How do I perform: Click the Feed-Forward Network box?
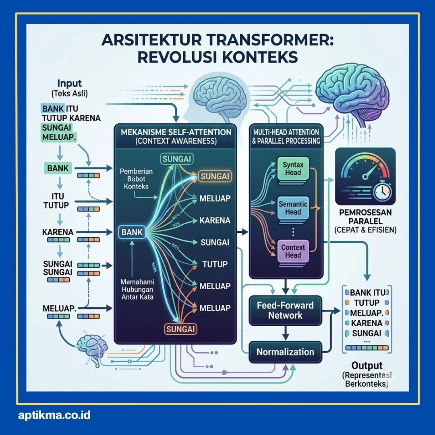point(285,311)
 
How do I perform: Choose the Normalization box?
point(285,352)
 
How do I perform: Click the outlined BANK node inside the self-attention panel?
point(132,232)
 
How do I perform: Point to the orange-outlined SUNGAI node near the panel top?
point(215,176)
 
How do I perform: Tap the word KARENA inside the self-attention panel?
point(215,220)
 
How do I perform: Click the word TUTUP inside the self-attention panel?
point(215,264)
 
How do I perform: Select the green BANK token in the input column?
point(58,168)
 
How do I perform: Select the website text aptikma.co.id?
point(54,415)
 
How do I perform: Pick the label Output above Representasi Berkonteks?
point(367,366)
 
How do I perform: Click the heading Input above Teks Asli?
point(69,84)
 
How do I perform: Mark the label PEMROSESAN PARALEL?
point(365,217)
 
